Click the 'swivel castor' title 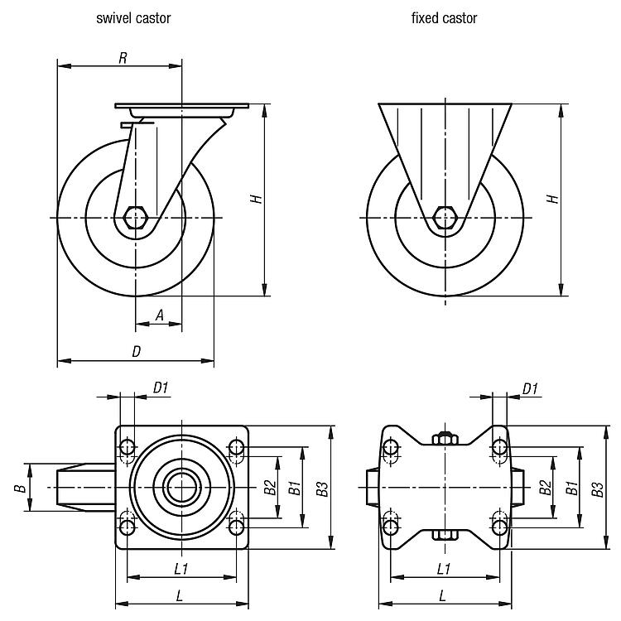pyautogui.click(x=133, y=17)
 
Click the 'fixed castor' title pyautogui.click(x=444, y=17)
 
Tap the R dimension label pyautogui.click(x=123, y=57)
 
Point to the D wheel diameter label pyautogui.click(x=137, y=351)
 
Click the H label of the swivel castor pyautogui.click(x=258, y=200)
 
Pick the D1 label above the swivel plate pyautogui.click(x=161, y=388)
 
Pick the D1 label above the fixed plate pyautogui.click(x=530, y=388)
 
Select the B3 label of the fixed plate pyautogui.click(x=597, y=489)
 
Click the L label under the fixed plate pyautogui.click(x=443, y=595)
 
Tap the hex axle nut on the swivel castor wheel pyautogui.click(x=134, y=219)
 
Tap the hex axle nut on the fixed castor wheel pyautogui.click(x=445, y=219)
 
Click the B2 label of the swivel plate pyautogui.click(x=269, y=489)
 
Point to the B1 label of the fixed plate pyautogui.click(x=570, y=489)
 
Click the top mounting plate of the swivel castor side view pyautogui.click(x=181, y=108)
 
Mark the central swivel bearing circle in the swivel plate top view pyautogui.click(x=181, y=488)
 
